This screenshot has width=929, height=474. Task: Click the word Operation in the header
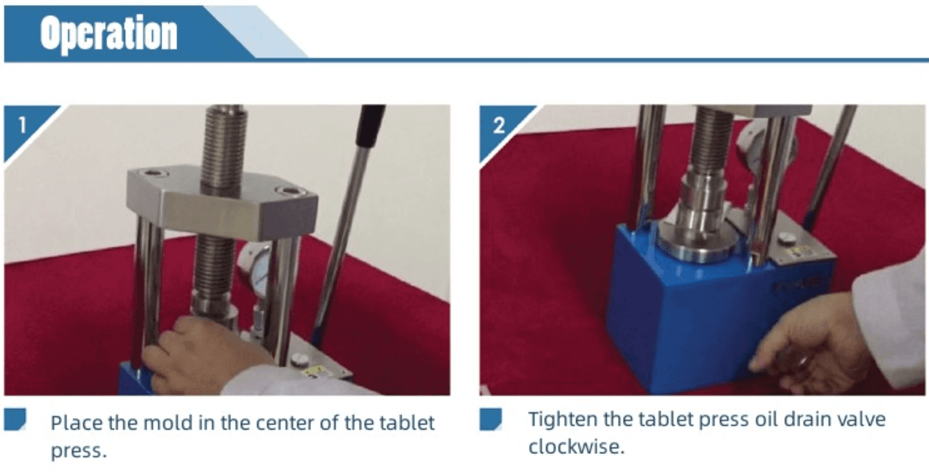pyautogui.click(x=108, y=33)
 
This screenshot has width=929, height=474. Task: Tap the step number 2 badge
pyautogui.click(x=499, y=125)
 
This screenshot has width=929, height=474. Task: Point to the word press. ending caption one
pyautogui.click(x=78, y=451)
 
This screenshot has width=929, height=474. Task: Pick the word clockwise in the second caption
pyautogui.click(x=576, y=446)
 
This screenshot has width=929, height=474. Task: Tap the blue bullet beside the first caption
pyautogui.click(x=15, y=420)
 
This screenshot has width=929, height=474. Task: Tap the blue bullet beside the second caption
pyautogui.click(x=490, y=419)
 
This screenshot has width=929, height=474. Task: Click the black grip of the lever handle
pyautogui.click(x=371, y=126)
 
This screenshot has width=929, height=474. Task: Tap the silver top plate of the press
pyautogui.click(x=222, y=202)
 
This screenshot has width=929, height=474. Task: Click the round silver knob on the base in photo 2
pyautogui.click(x=786, y=238)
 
